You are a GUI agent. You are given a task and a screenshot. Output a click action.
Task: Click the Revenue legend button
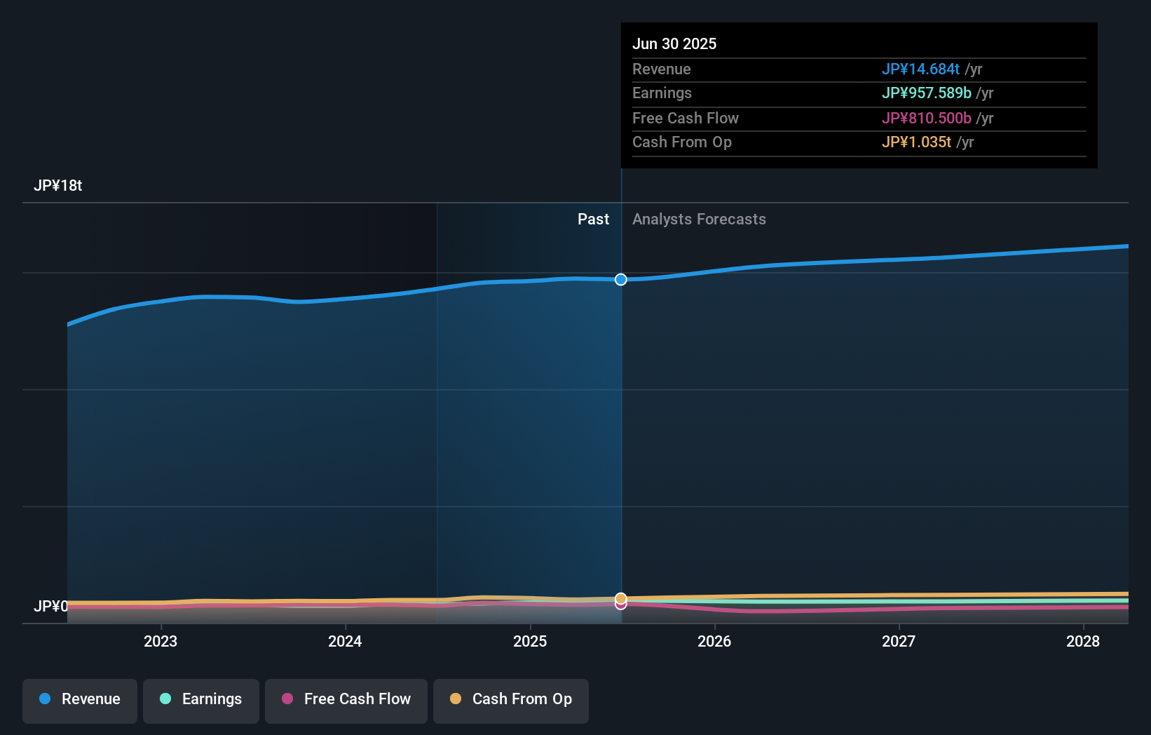pos(80,700)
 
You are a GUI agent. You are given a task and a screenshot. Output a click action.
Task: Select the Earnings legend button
pos(201,700)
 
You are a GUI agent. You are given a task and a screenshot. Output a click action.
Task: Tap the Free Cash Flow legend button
pos(346,700)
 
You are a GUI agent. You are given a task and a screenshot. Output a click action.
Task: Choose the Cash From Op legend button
pos(511,700)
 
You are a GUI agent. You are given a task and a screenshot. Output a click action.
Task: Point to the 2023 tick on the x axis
pos(161,641)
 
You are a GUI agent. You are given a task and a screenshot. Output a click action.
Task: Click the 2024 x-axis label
pos(345,641)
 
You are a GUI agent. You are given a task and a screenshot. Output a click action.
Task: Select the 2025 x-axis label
pos(530,641)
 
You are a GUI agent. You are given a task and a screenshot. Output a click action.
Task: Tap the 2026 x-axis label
pos(714,641)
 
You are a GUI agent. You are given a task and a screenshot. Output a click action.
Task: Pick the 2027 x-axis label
pos(899,641)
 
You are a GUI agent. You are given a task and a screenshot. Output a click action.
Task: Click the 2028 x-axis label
pos(1083,641)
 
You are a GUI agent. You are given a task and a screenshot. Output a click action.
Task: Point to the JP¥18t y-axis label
pos(58,186)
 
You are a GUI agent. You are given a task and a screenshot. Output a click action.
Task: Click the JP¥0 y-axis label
pos(50,606)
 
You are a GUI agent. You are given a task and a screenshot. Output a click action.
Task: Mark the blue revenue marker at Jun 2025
pos(621,280)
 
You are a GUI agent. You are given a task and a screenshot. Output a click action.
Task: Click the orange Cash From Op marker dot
pos(621,598)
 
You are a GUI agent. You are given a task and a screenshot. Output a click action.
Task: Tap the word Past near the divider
pos(593,220)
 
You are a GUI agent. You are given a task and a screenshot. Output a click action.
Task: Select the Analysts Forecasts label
pos(699,220)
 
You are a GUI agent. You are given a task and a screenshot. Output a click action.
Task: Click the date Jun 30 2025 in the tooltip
pos(674,44)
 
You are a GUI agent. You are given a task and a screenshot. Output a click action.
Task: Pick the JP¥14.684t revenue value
pos(920,69)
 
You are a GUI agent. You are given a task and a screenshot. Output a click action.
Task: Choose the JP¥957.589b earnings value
pos(926,93)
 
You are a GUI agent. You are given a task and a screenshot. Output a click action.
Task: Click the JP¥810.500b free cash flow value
pos(926,119)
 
